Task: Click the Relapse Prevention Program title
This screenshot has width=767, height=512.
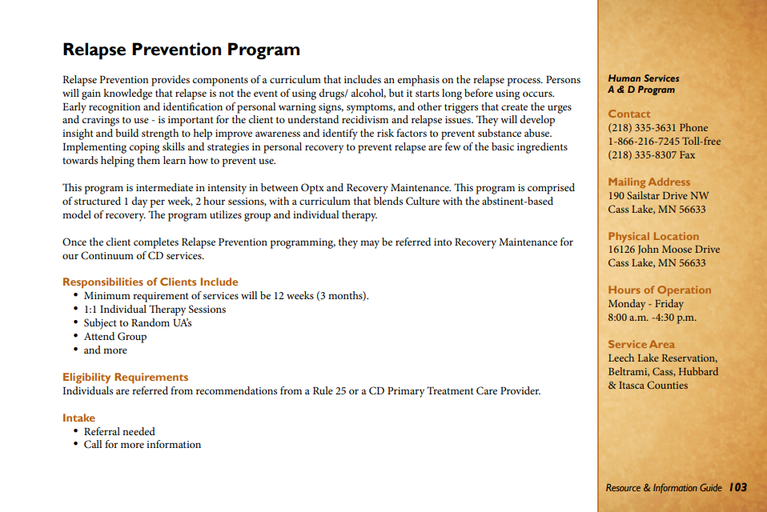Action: click(x=181, y=50)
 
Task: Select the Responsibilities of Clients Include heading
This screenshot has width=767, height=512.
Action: click(x=151, y=282)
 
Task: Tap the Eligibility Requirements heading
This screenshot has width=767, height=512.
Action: click(x=126, y=377)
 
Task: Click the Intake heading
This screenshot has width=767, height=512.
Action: click(x=78, y=418)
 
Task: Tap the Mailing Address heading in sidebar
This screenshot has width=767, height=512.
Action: click(x=649, y=182)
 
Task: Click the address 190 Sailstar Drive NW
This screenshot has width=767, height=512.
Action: click(x=658, y=196)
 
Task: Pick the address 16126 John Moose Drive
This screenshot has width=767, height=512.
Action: click(x=664, y=250)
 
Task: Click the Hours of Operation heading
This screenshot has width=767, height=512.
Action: click(x=659, y=290)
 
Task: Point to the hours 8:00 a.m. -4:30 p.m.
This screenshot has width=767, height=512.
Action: click(x=652, y=318)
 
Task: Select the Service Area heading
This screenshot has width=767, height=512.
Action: click(x=641, y=344)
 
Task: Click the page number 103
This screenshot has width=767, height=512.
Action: click(x=737, y=487)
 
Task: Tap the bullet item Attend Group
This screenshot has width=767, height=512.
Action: click(x=115, y=337)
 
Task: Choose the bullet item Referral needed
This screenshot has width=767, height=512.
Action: click(x=119, y=431)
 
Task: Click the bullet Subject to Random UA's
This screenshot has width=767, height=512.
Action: click(x=138, y=323)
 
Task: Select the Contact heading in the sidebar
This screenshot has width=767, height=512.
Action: click(x=629, y=114)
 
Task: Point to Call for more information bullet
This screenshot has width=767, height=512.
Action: click(x=143, y=445)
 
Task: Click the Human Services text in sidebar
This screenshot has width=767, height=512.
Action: click(x=643, y=78)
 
